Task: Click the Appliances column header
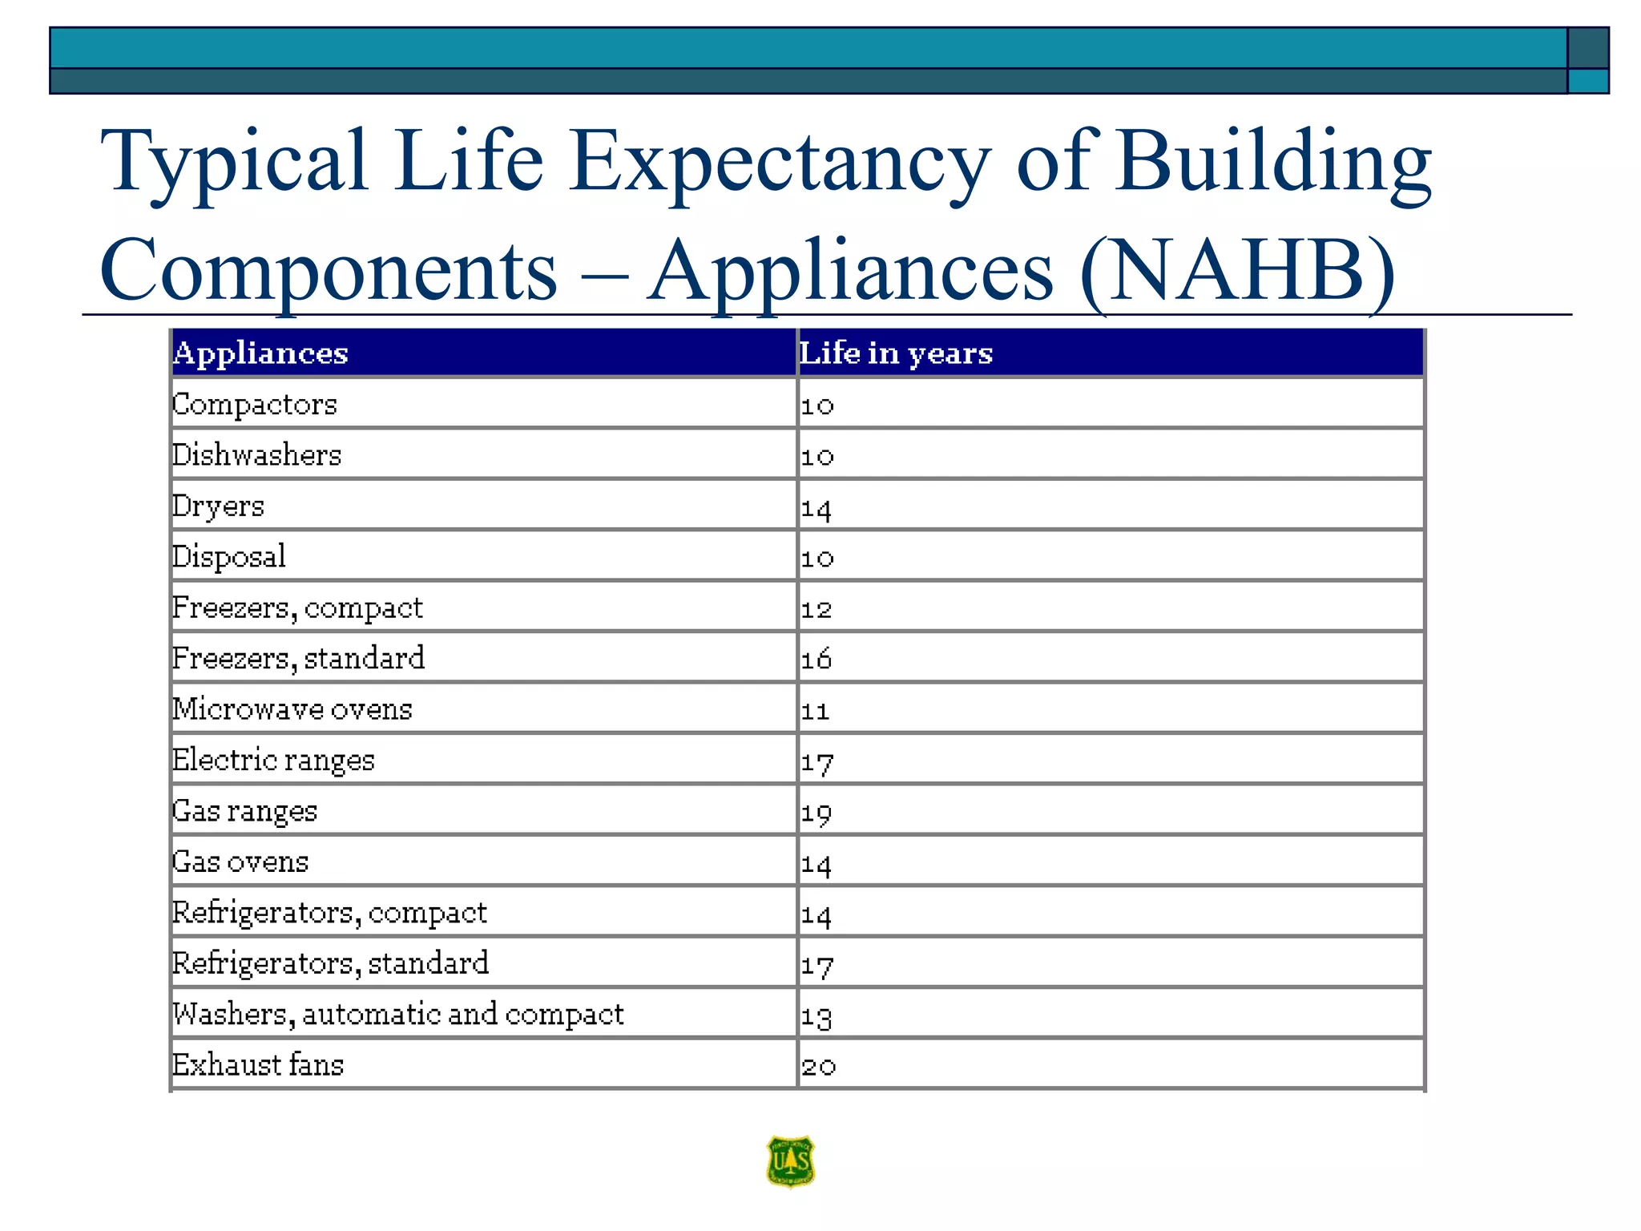pyautogui.click(x=260, y=353)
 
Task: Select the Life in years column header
pyautogui.click(x=896, y=353)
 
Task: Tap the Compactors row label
pyautogui.click(x=255, y=404)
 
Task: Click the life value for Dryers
pyautogui.click(x=816, y=508)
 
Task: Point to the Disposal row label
pyautogui.click(x=229, y=556)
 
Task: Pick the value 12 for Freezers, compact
pyautogui.click(x=816, y=609)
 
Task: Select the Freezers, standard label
pyautogui.click(x=298, y=658)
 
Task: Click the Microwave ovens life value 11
pyautogui.click(x=815, y=710)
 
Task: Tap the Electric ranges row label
pyautogui.click(x=273, y=760)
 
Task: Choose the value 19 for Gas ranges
pyautogui.click(x=816, y=813)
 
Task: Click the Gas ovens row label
pyautogui.click(x=240, y=862)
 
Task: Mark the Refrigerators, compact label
pyautogui.click(x=329, y=913)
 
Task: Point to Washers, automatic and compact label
pyautogui.click(x=398, y=1014)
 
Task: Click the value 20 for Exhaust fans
pyautogui.click(x=818, y=1066)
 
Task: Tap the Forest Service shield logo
pyautogui.click(x=790, y=1160)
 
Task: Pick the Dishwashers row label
pyautogui.click(x=257, y=455)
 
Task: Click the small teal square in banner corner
pyautogui.click(x=1588, y=81)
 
